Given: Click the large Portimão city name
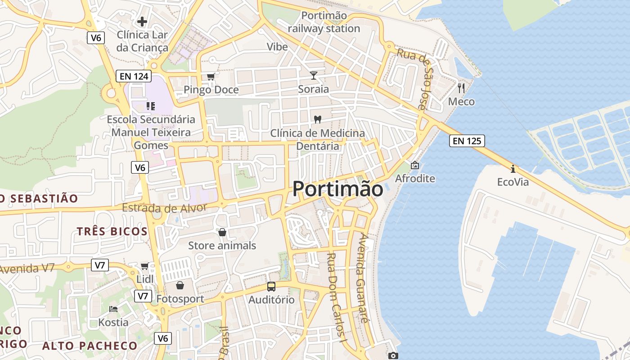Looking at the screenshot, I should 338,189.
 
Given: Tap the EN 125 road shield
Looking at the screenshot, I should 467,141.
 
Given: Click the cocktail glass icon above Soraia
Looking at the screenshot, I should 314,76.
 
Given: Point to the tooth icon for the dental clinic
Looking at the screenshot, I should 317,120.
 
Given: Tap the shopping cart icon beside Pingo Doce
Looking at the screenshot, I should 211,77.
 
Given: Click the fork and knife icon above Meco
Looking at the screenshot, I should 461,88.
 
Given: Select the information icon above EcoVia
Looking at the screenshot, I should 513,169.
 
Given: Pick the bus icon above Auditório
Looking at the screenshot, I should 271,287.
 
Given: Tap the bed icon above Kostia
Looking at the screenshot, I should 113,309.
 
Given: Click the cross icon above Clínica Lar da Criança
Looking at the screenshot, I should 142,21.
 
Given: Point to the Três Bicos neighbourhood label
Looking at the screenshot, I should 112,231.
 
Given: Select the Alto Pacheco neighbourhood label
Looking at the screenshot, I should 90,346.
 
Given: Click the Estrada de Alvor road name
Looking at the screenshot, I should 164,208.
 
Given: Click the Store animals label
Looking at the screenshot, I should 222,245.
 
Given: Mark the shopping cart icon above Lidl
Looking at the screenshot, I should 144,266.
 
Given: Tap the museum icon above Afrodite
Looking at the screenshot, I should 415,166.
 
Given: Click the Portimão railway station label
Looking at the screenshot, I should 324,22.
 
